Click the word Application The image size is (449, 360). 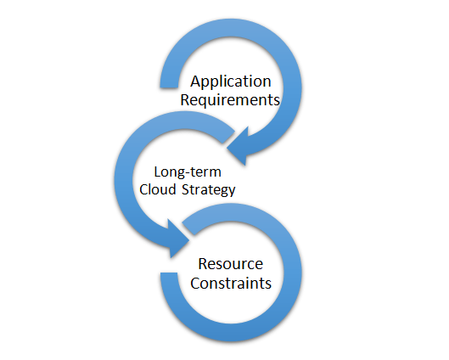click(231, 82)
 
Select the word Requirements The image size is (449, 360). click(230, 100)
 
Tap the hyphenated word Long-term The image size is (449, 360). click(188, 172)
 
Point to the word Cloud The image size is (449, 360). click(158, 189)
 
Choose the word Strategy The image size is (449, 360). click(209, 190)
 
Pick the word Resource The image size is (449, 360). click(231, 264)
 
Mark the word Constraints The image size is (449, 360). click(231, 284)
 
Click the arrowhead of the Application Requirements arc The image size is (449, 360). click(238, 147)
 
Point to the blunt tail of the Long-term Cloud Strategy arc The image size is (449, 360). click(228, 137)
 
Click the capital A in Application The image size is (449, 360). click(196, 81)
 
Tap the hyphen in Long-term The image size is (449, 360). click(186, 173)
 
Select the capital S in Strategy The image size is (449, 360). click(186, 189)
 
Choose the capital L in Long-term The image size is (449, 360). click(158, 172)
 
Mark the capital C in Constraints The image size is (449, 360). click(195, 284)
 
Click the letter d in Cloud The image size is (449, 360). click(171, 189)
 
